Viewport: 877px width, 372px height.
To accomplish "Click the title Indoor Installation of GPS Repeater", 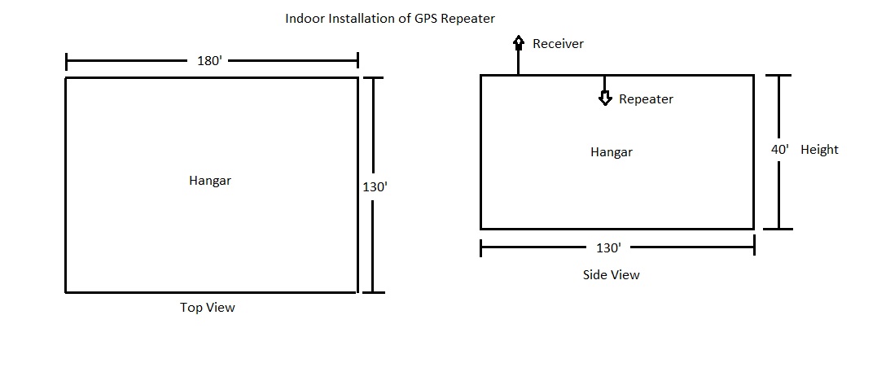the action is click(390, 19).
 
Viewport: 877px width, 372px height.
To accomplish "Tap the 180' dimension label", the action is click(210, 61).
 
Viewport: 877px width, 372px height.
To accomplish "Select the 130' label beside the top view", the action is click(375, 187).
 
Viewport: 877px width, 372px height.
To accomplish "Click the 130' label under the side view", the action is click(608, 247).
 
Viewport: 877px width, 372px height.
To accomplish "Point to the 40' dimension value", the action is click(780, 149).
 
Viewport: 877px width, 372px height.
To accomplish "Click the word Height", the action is click(819, 150).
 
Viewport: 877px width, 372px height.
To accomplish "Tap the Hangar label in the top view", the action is click(210, 181).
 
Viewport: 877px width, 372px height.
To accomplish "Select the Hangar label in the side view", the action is click(612, 152).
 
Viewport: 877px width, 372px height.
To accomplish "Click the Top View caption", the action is click(208, 308).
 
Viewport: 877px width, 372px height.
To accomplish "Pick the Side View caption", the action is click(611, 274).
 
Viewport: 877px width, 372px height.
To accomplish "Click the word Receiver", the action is click(558, 44).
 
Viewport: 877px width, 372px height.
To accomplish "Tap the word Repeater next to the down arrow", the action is click(646, 99).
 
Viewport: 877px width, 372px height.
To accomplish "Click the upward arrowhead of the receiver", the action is click(519, 42).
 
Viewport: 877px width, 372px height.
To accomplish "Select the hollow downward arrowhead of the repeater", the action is click(604, 98).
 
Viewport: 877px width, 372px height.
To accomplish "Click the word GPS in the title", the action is click(427, 19).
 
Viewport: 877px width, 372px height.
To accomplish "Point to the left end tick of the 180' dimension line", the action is click(67, 62).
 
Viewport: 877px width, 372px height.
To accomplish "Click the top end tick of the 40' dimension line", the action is click(778, 75).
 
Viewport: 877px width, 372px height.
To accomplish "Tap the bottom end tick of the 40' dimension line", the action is click(778, 229).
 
